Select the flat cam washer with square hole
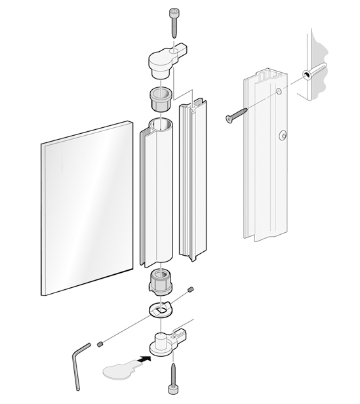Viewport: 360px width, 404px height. (x=161, y=309)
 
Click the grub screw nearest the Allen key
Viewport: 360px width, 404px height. (x=100, y=344)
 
